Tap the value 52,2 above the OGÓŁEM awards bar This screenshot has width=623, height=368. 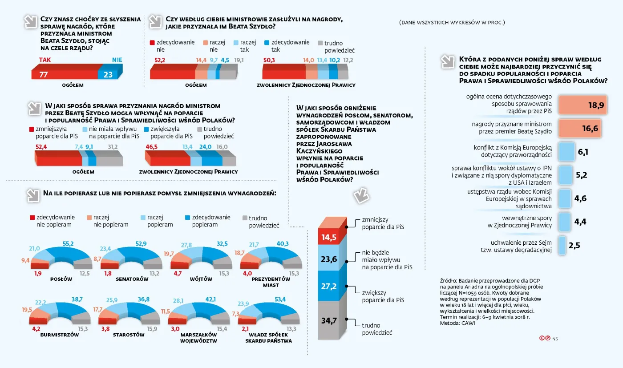[160, 60]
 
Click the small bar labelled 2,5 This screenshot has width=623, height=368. [562, 245]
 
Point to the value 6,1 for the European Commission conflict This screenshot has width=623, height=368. [583, 152]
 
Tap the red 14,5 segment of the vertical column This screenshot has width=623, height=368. [329, 237]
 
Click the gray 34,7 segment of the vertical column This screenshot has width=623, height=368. [329, 319]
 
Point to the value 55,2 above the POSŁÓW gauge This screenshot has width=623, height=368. [68, 243]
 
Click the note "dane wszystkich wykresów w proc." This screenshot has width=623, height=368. [452, 22]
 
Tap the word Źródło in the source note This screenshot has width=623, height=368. [449, 280]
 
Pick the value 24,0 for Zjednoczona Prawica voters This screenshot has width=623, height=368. [205, 146]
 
